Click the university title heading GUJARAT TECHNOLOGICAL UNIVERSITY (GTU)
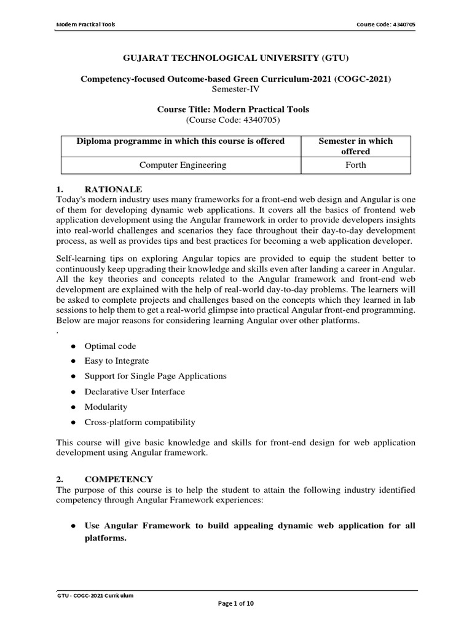tap(236, 58)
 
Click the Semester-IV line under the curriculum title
tap(236, 88)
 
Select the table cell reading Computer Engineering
tap(183, 165)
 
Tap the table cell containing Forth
tap(355, 165)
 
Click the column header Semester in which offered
tap(355, 146)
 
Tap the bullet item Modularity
tap(106, 407)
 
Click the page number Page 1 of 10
tap(236, 604)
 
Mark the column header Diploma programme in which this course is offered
tap(181, 141)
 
